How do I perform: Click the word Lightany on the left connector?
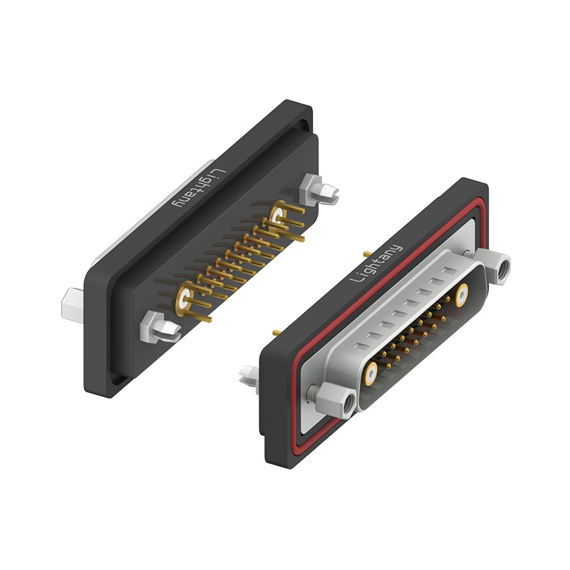[199, 188]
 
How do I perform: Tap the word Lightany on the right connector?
[376, 263]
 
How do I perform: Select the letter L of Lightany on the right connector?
[356, 277]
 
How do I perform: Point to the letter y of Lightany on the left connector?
[177, 202]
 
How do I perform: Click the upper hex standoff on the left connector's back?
[319, 189]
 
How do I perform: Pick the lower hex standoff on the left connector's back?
[160, 327]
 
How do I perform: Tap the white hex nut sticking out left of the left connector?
[73, 306]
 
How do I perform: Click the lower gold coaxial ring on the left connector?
[184, 299]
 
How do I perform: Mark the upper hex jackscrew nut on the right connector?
[493, 266]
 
